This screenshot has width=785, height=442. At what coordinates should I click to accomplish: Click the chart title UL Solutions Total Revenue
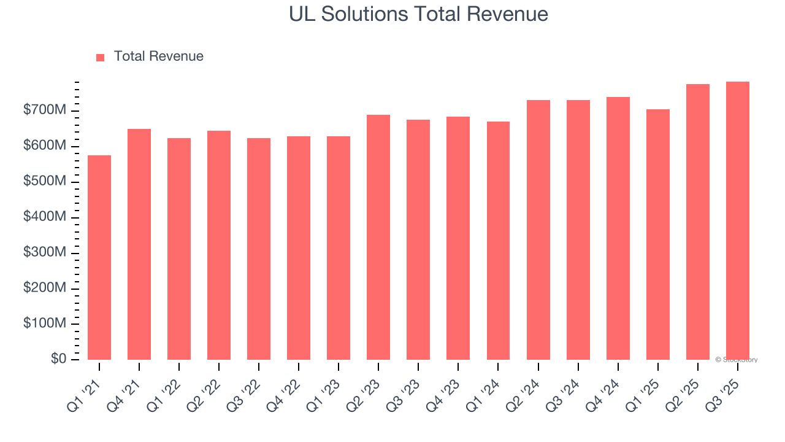tap(418, 14)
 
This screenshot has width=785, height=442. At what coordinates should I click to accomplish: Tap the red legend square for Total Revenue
tap(101, 57)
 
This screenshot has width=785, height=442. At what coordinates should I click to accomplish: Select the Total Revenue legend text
tap(158, 56)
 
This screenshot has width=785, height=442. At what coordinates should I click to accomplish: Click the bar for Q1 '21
tap(99, 258)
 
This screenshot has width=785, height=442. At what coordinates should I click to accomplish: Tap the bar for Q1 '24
tap(498, 241)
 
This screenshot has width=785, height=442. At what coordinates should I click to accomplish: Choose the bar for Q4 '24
tap(618, 228)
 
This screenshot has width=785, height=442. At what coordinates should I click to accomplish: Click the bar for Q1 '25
tap(657, 235)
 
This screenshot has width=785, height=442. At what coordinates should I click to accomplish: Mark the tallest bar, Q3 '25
tap(737, 221)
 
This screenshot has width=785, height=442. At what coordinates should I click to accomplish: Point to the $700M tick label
tap(45, 110)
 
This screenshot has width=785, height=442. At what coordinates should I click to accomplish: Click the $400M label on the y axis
tap(45, 217)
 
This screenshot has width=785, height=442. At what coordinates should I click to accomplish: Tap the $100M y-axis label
tap(45, 324)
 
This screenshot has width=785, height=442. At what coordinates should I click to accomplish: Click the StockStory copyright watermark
tap(736, 360)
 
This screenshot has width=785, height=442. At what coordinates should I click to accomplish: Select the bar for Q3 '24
tap(578, 230)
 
